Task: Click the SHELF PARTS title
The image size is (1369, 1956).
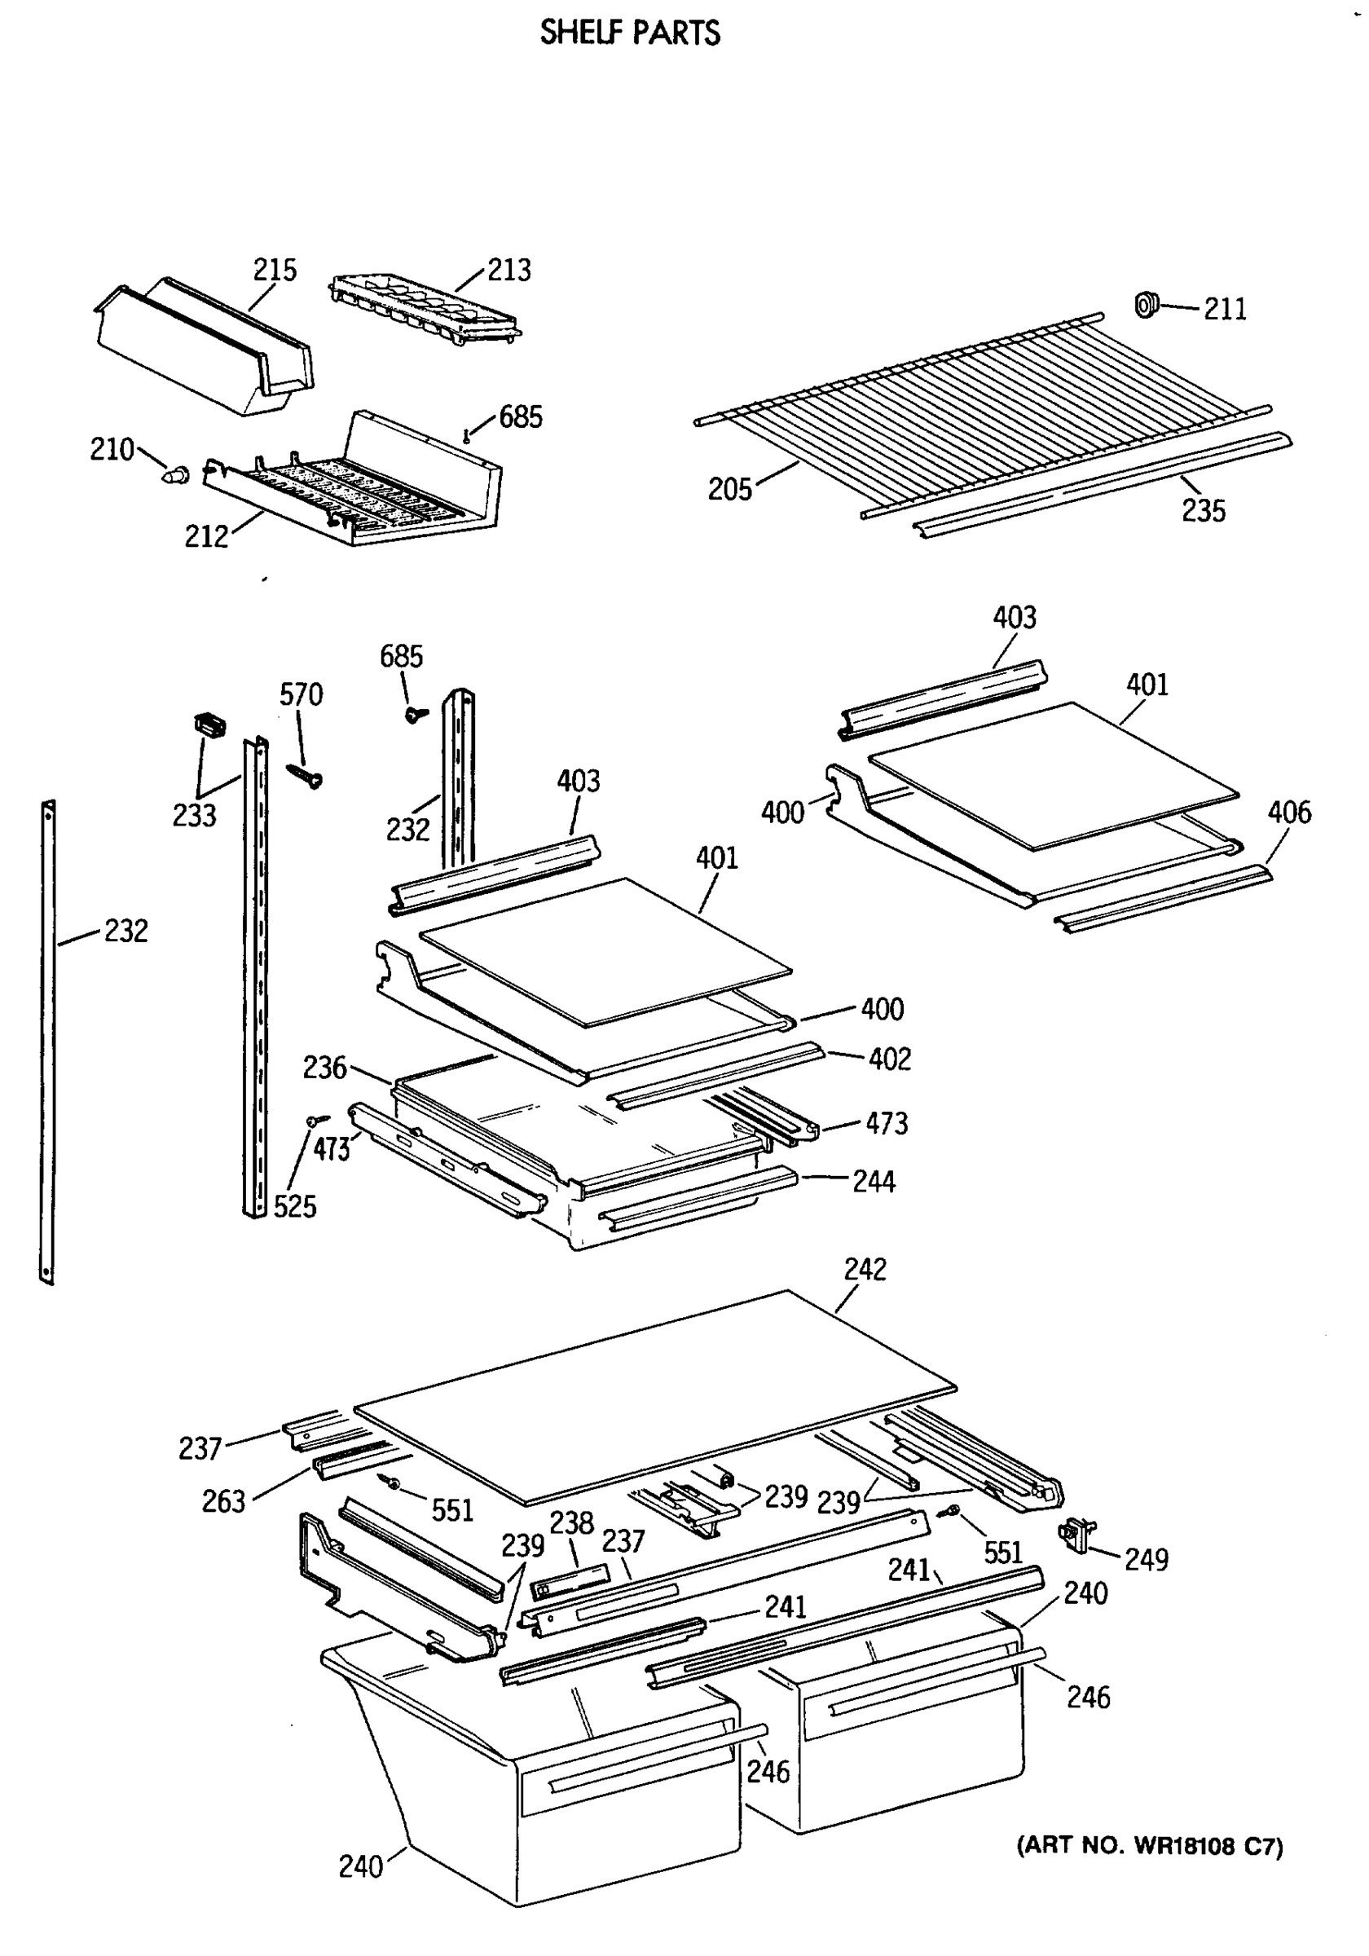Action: coord(630,33)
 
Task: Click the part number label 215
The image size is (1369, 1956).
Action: coord(275,270)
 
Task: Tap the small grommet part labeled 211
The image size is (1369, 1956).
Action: coord(1147,304)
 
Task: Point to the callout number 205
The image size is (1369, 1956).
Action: coord(729,490)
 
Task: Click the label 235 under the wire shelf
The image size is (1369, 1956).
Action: coord(1203,511)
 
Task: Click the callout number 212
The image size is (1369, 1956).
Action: coord(206,537)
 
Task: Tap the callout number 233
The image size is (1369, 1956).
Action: coord(194,816)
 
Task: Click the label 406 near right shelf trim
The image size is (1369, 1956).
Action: coord(1289,812)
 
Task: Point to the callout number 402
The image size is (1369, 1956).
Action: coord(889,1059)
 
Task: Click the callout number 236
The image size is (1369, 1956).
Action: coord(324,1068)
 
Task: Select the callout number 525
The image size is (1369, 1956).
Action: coord(295,1207)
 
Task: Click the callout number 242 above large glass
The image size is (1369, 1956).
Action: coord(865,1269)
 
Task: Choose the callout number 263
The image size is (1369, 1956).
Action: coord(223,1502)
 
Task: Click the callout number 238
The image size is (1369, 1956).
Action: coord(570,1523)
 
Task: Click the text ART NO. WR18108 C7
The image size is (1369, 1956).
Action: coord(1149,1846)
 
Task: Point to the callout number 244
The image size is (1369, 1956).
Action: coord(874,1182)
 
